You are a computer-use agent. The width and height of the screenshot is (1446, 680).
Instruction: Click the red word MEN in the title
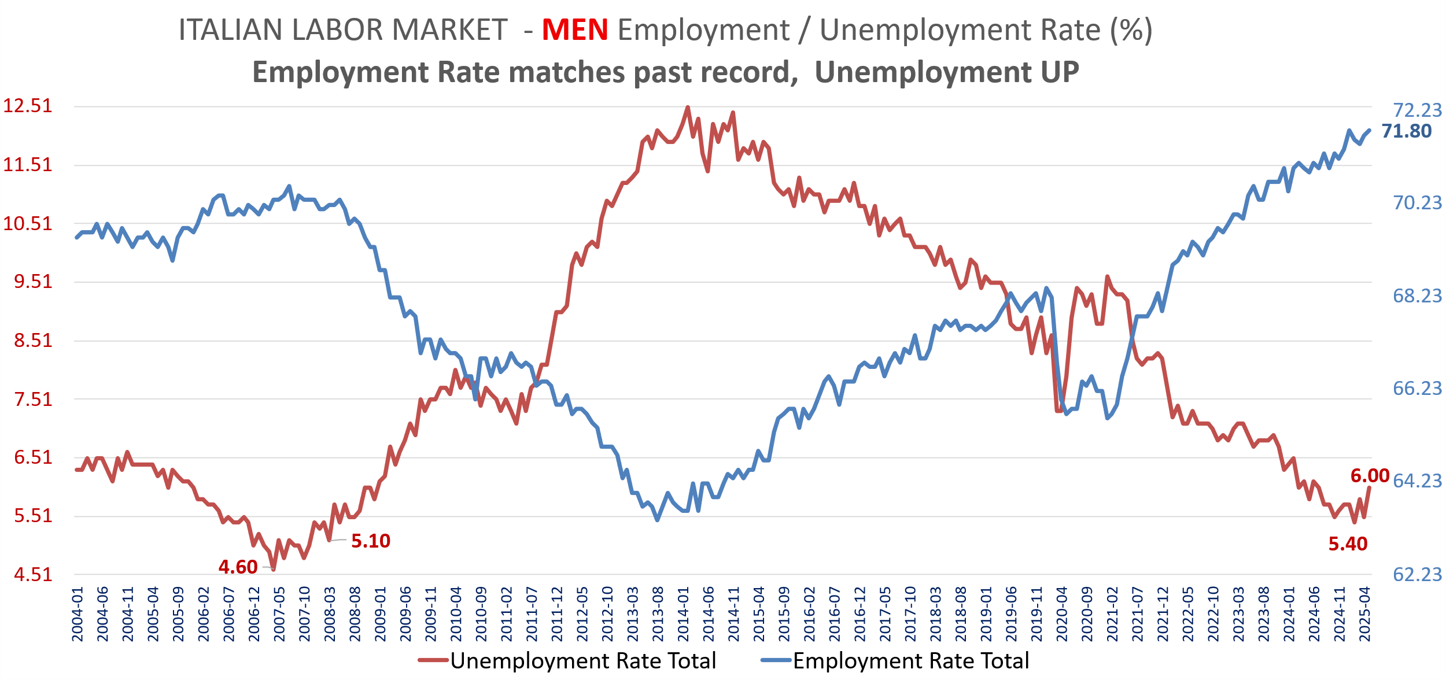coord(574,30)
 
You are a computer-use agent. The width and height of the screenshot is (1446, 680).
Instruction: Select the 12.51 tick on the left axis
coord(28,106)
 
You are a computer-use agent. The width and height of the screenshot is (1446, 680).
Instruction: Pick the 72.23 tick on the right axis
coord(1417,110)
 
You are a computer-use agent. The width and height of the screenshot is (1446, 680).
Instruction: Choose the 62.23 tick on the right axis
coord(1417,574)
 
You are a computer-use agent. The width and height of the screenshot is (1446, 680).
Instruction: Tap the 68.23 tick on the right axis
coord(1417,296)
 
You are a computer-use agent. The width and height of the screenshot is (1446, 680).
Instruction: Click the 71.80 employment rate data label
coord(1406,131)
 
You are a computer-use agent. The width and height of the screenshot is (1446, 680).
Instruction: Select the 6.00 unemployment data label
coord(1370,476)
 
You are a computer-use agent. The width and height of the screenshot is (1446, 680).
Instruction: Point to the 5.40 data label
coord(1348,544)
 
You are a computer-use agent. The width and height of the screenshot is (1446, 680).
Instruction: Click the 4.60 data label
coord(238,567)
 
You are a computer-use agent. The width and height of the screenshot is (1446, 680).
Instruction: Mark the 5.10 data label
coord(371,541)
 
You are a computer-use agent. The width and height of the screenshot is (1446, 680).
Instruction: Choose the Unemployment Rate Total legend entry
coord(583,661)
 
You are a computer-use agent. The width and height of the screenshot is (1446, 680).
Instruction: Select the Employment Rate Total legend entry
coord(910,661)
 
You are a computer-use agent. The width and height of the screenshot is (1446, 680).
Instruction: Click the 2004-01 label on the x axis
coord(78,615)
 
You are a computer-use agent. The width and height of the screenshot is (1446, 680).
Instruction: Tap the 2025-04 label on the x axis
coord(1365,615)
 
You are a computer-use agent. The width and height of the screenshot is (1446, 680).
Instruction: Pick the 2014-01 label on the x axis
coord(683,615)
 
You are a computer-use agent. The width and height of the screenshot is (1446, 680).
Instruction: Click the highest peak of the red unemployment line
coord(687,107)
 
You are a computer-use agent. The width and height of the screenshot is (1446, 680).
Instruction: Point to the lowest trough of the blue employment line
coord(657,520)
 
